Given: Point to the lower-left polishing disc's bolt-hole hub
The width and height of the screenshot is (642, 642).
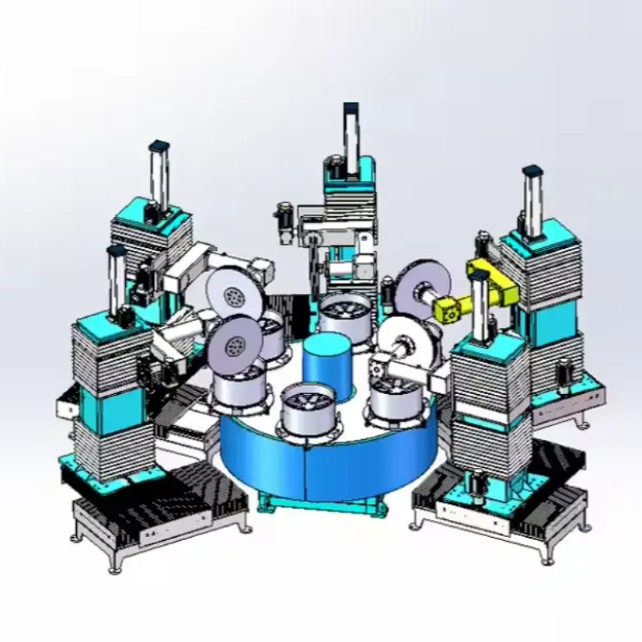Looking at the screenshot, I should tap(236, 347).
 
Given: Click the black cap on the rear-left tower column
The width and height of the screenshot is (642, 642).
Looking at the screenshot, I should tap(160, 147).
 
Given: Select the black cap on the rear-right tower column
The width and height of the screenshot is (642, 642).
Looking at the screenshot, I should tap(530, 172).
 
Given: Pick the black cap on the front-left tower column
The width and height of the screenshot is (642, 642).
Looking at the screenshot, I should tap(118, 251).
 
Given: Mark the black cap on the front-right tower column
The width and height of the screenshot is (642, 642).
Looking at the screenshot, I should tap(481, 275).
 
